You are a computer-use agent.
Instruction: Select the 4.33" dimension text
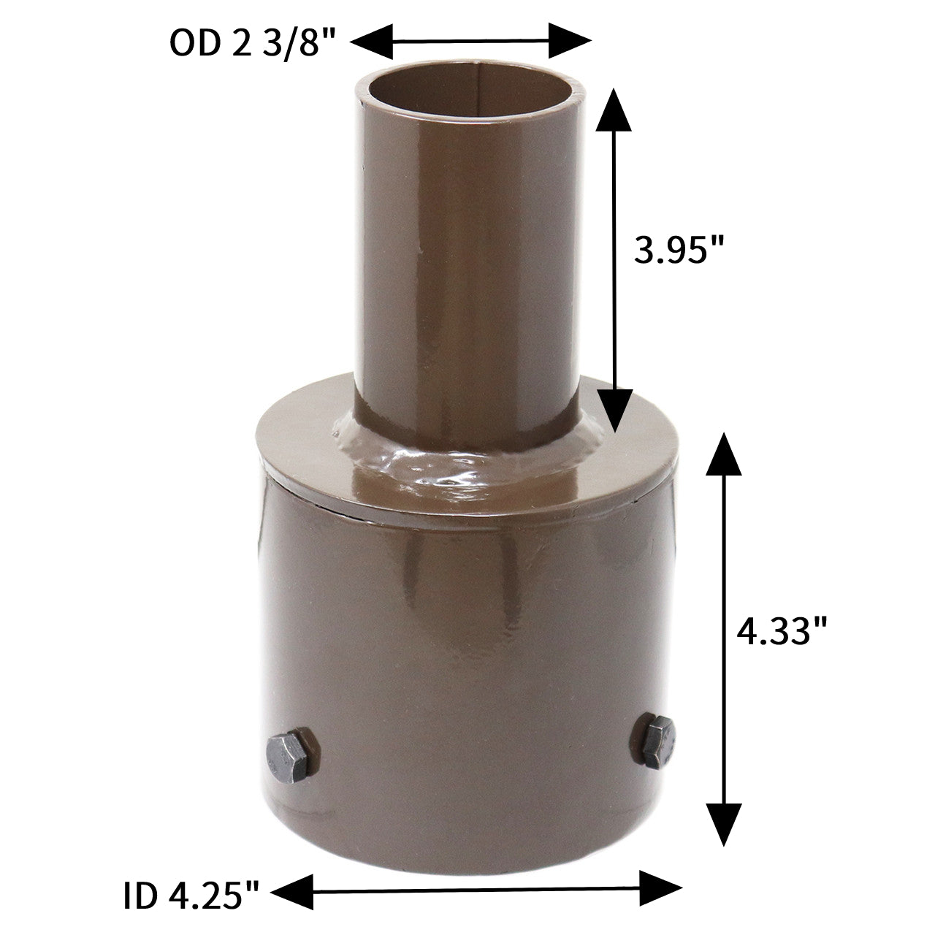[x=782, y=632]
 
